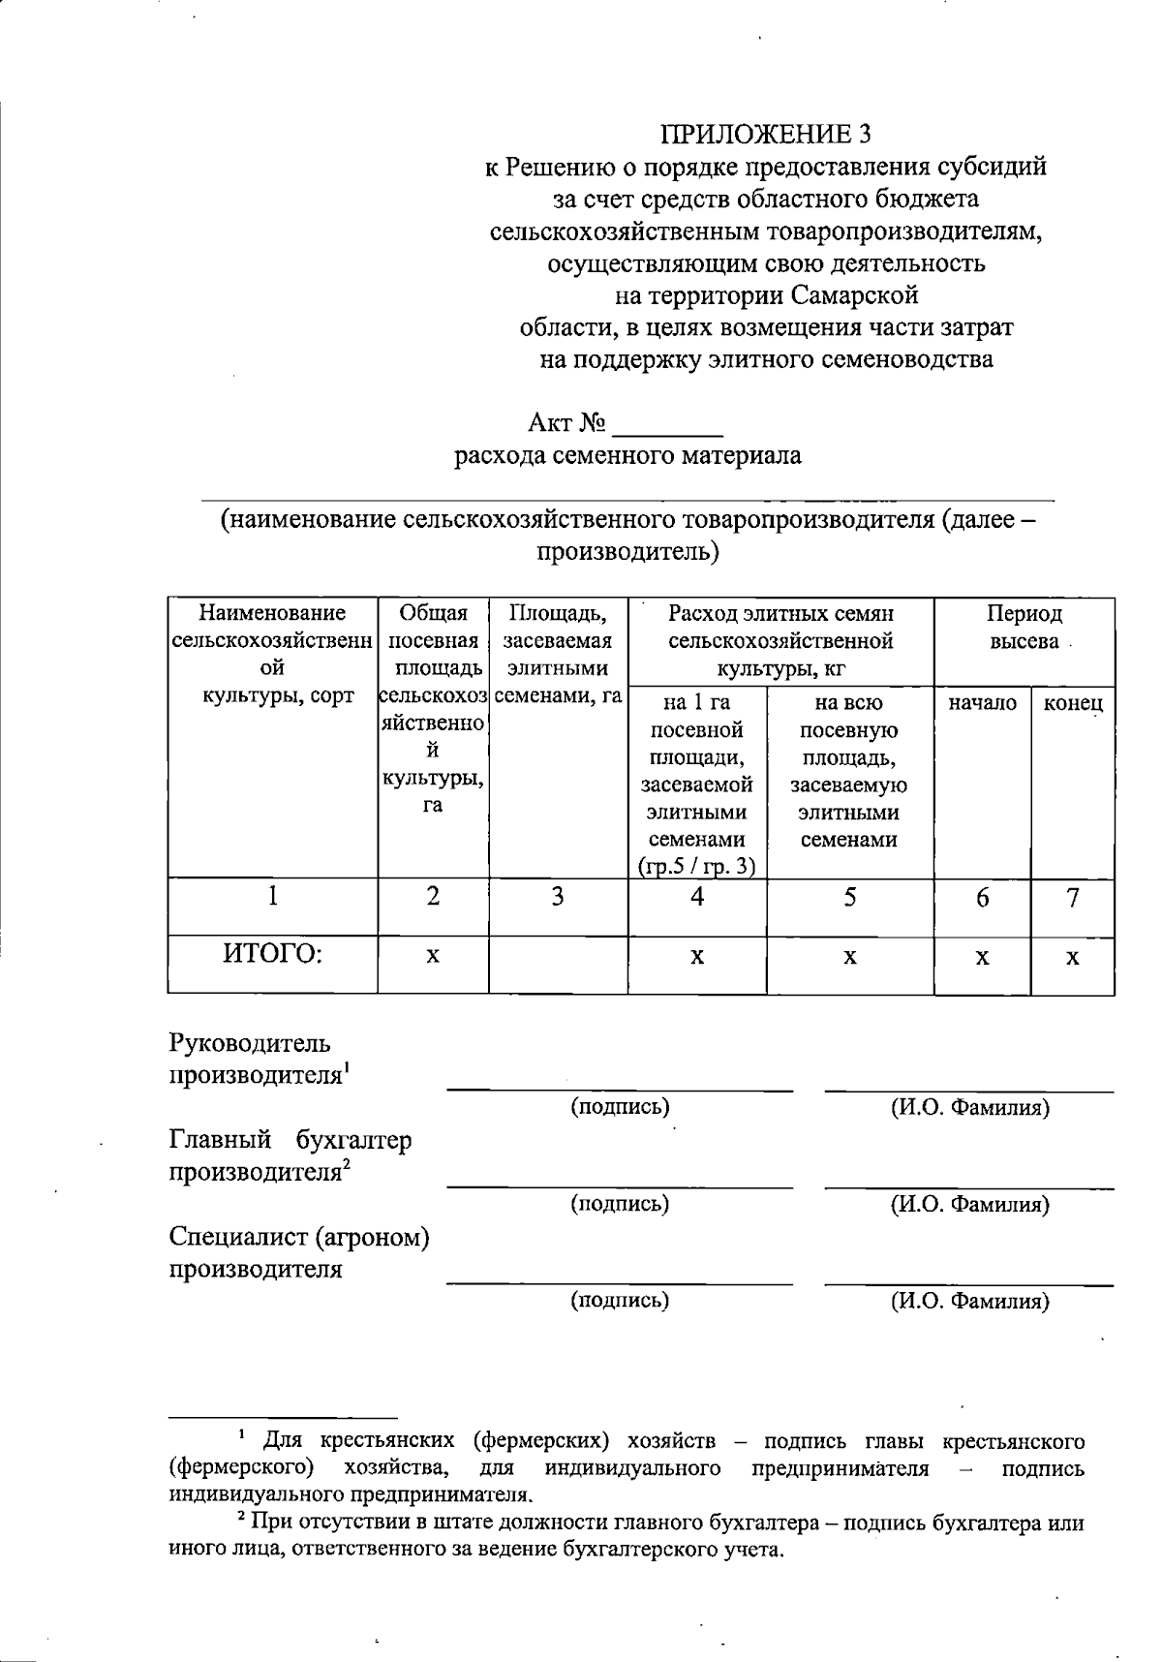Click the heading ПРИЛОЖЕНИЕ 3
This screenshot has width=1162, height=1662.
tap(765, 133)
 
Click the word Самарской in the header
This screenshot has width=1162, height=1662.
tap(854, 294)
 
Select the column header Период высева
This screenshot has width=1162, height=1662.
tap(1024, 628)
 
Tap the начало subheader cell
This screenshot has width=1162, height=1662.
tap(982, 704)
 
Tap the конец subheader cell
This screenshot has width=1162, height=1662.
tap(1072, 704)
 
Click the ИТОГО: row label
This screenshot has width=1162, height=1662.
tap(272, 954)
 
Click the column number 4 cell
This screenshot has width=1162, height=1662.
tap(696, 898)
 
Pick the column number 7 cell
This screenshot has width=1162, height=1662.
tap(1072, 898)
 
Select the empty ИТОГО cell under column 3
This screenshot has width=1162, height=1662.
tap(558, 964)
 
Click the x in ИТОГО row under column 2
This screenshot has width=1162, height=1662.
tap(433, 956)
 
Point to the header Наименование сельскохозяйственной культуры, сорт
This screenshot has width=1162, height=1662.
tap(272, 654)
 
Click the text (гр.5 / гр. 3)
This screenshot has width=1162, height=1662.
tap(696, 867)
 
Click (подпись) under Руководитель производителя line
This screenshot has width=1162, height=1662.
tap(620, 1107)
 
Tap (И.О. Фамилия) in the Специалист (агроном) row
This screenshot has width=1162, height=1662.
tap(969, 1301)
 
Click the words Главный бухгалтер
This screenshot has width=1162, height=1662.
tap(290, 1140)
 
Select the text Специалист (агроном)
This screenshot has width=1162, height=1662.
tap(299, 1237)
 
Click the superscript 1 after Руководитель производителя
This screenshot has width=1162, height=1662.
tap(347, 1067)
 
